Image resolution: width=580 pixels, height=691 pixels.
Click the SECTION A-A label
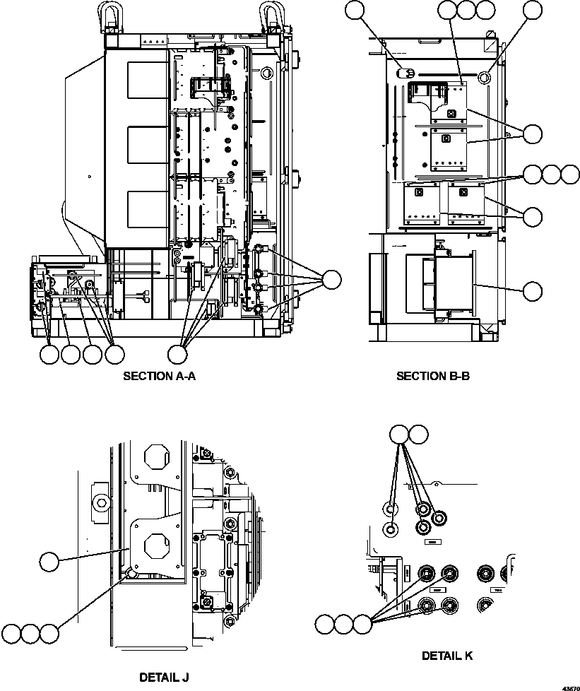pos(159,376)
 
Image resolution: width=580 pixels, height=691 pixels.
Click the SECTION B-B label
pos(433,376)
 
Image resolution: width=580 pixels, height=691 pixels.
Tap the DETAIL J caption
pos(164,678)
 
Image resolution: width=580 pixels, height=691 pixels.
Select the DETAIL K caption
pos(447,656)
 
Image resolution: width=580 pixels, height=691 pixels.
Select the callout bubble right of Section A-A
pos(331,280)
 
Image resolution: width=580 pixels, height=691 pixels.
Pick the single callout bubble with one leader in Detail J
pos(49,562)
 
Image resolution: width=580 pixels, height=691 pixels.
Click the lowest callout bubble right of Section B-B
pos(533,290)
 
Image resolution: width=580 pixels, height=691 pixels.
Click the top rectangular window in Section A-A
pos(145,78)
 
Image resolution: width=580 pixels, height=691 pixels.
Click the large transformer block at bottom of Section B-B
pos(452,283)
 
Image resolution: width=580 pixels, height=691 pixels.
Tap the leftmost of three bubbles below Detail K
pos(324,624)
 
